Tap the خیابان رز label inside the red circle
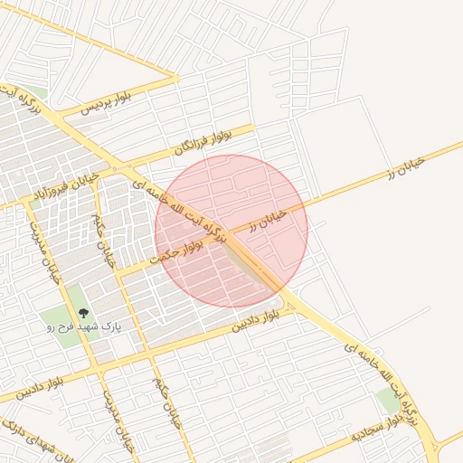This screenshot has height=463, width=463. point(268,220)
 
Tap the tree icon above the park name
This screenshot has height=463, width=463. point(84,312)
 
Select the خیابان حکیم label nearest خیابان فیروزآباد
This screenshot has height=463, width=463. point(103,237)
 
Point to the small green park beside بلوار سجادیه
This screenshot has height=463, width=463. point(388,401)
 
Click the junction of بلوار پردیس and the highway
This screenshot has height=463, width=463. point(56,115)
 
